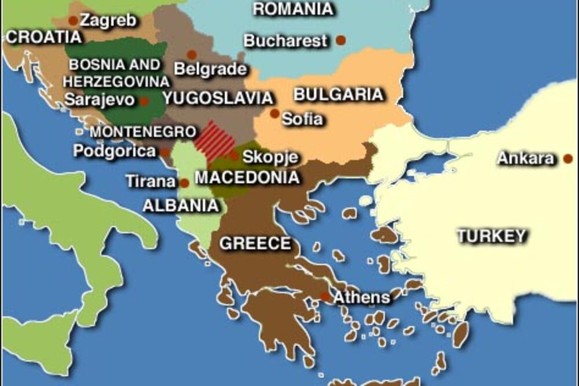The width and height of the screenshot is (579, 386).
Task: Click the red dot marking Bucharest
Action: (341, 40)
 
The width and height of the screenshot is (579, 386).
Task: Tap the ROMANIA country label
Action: (294, 9)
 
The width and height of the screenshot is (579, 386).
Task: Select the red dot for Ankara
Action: (568, 158)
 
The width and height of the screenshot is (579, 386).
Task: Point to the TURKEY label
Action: (492, 236)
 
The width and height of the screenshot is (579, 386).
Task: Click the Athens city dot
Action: (325, 297)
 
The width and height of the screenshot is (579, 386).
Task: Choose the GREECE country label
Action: (255, 243)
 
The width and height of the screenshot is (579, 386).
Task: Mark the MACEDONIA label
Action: (247, 177)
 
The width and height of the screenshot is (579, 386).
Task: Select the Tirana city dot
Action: (184, 183)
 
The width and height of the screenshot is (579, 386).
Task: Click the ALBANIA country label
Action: (181, 205)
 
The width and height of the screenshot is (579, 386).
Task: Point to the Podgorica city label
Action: (115, 151)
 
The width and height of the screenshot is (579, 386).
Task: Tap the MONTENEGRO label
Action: (135, 132)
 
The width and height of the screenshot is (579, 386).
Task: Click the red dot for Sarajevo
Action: (144, 101)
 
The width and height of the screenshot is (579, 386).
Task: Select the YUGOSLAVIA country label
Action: (218, 98)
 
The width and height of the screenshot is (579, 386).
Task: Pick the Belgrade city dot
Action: (192, 55)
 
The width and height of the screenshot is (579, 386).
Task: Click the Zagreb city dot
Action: (73, 21)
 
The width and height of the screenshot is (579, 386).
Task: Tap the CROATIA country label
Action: (44, 38)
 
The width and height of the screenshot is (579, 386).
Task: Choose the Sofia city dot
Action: (274, 114)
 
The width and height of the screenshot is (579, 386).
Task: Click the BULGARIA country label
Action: (339, 94)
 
